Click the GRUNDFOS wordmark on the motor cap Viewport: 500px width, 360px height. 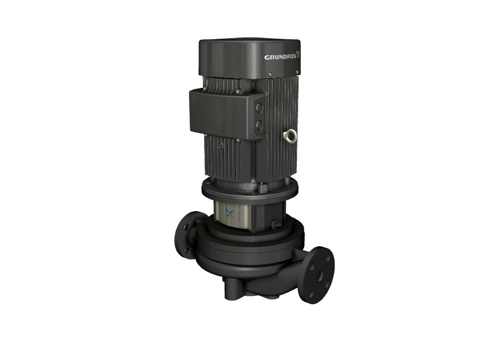280,58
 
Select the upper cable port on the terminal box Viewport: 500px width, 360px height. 259,108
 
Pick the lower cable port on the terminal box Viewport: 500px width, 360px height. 259,124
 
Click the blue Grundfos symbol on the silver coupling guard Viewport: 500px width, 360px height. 230,213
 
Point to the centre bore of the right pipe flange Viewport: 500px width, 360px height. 320,276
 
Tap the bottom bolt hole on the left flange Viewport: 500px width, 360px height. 187,249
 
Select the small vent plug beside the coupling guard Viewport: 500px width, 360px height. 274,225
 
